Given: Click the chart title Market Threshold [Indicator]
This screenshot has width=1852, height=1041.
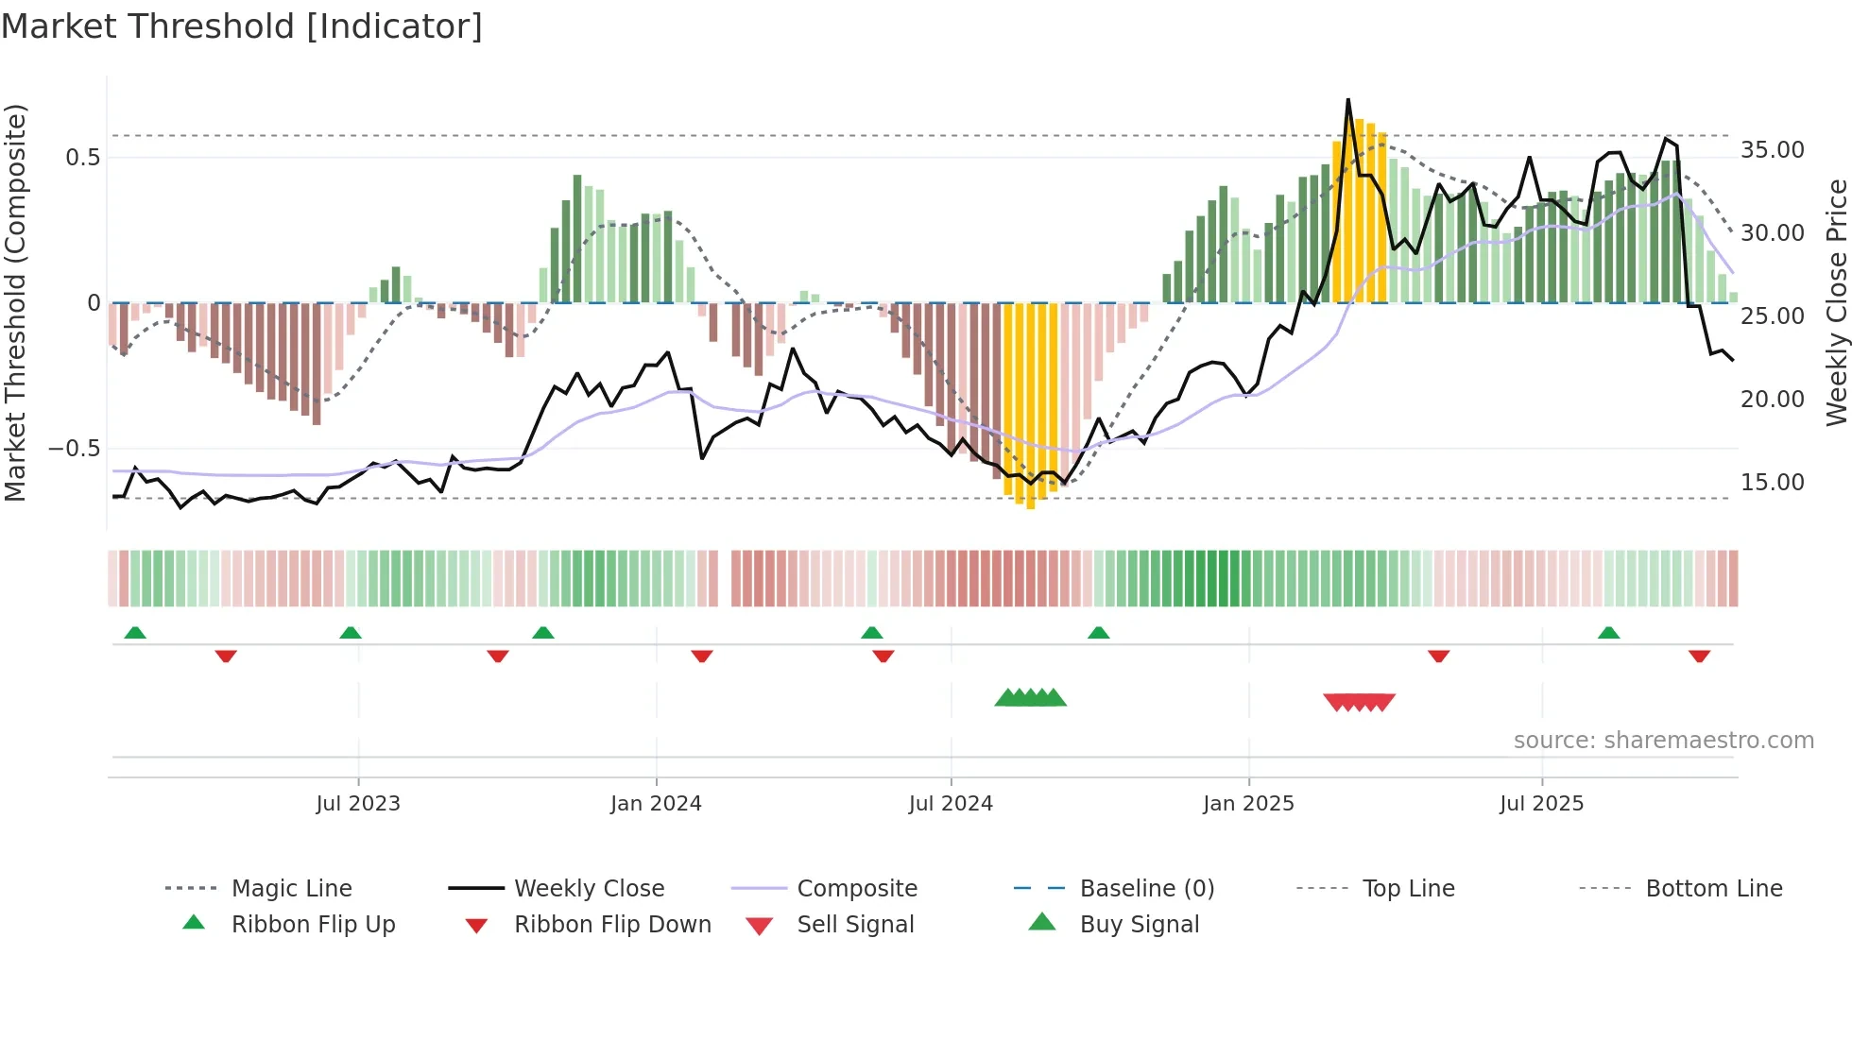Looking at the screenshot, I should click(242, 26).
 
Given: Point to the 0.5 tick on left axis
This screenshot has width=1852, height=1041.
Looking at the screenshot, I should click(83, 157).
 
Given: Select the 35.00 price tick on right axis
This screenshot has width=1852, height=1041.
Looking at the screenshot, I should click(1772, 150).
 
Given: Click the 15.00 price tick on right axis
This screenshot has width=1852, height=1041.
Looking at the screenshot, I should click(1772, 483).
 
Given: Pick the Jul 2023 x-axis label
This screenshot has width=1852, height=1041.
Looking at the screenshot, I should click(358, 804).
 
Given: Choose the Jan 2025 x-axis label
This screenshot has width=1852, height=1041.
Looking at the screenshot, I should click(1248, 804).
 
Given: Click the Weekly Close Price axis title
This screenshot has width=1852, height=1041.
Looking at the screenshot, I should click(1836, 302).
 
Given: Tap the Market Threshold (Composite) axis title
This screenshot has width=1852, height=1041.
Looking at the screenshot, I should click(15, 302).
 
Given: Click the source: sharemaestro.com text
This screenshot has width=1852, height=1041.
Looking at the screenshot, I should click(1663, 741).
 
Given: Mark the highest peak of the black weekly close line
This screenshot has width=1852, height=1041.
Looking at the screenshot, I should click(1348, 100).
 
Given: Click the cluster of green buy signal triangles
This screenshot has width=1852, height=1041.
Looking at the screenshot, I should click(1031, 698).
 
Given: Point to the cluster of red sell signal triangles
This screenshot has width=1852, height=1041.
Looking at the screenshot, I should click(1360, 702).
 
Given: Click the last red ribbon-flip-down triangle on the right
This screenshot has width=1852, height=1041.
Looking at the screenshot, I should click(1699, 656).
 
